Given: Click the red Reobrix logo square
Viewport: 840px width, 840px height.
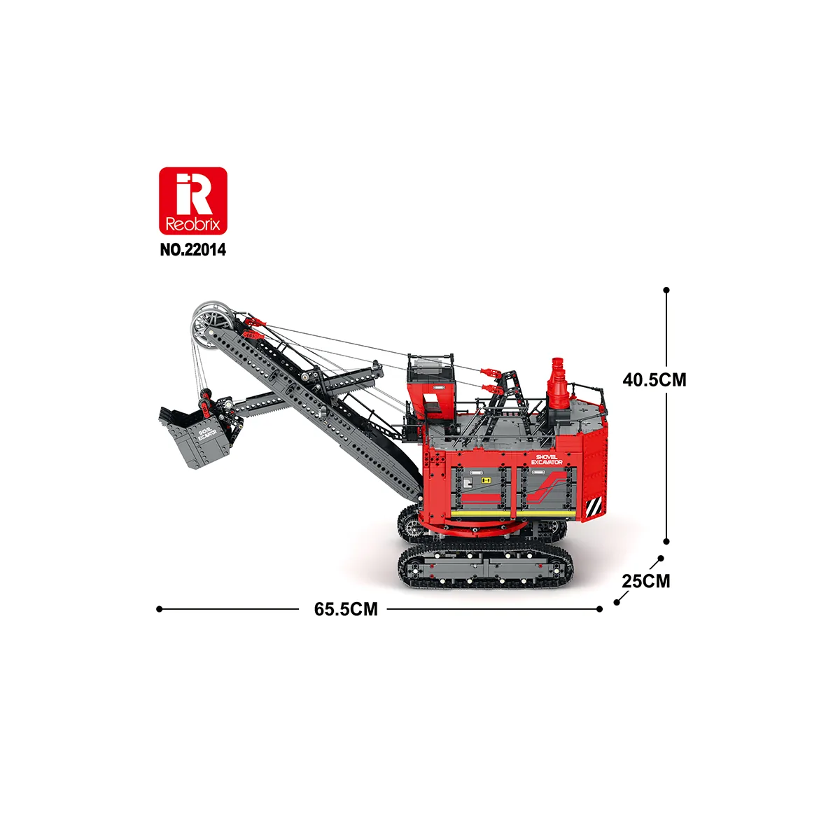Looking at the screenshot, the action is [193, 201].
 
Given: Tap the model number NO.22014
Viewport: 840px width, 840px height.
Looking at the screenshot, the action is [193, 250].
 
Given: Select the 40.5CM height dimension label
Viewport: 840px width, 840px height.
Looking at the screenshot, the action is [654, 379].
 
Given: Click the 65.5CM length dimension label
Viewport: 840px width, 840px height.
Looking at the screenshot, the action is [346, 609].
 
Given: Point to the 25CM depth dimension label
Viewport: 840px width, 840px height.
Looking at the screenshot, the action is [646, 581].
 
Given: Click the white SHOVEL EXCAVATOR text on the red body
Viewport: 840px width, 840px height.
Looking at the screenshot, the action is [547, 459].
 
